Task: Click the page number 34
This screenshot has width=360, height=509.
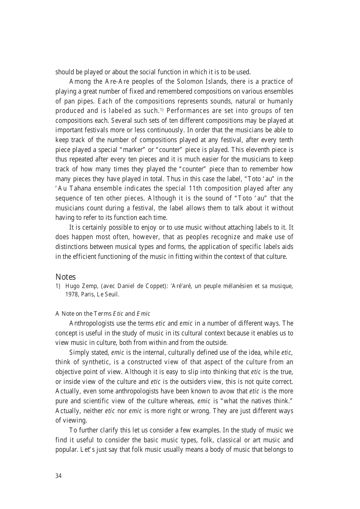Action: (58, 476)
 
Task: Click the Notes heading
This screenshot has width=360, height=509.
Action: (66, 277)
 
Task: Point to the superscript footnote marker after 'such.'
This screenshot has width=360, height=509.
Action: (161, 110)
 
